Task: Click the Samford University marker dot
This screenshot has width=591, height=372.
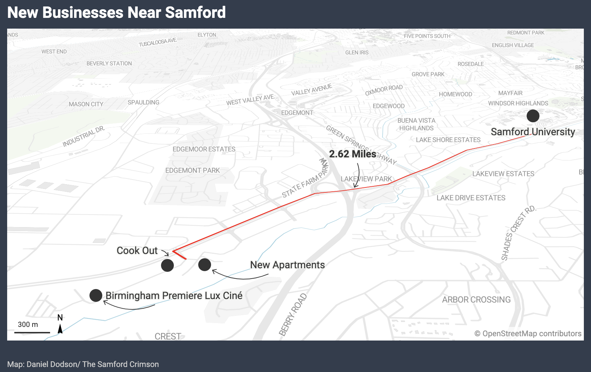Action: pos(533,116)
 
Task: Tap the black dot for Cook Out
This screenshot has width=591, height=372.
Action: pos(167,265)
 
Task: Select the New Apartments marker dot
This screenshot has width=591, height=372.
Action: pos(205,265)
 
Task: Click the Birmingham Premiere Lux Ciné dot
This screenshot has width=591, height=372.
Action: pos(96,295)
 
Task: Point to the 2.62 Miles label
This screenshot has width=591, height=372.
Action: pos(352,154)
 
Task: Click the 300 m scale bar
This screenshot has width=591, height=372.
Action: pos(32,332)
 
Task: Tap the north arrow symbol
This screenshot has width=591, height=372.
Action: pos(60,328)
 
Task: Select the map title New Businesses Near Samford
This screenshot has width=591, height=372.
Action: pos(116,13)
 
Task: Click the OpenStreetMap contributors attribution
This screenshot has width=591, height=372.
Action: pos(528,334)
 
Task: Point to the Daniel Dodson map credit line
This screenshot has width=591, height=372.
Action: pos(83,364)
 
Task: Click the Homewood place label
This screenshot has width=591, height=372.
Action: pos(455,94)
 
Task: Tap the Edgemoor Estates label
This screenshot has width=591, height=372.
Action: pos(204,149)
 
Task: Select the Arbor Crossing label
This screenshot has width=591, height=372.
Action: pos(476,300)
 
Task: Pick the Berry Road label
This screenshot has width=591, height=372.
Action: pos(293,315)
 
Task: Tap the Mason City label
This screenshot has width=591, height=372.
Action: pos(86,104)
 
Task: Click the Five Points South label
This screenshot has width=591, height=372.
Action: pos(427,36)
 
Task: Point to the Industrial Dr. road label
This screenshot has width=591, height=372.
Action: pos(84,137)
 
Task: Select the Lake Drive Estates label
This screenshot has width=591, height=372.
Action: pos(471,198)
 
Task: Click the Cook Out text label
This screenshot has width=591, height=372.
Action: pos(137,251)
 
